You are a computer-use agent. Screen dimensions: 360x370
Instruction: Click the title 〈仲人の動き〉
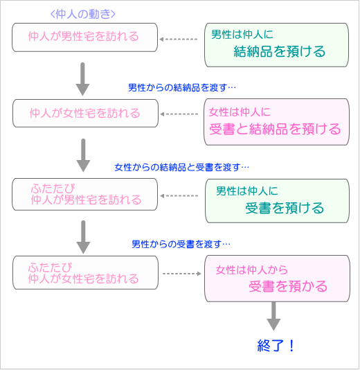83,14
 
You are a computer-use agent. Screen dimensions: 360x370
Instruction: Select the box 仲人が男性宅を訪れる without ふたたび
85,37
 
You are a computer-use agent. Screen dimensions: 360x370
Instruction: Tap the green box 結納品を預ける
276,45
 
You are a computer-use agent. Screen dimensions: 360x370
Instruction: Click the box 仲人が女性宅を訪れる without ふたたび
85,113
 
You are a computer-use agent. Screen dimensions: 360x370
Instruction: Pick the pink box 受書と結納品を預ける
276,122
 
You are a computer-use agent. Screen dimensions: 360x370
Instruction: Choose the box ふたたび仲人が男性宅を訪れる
85,194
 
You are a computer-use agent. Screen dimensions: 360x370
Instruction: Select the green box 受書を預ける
277,201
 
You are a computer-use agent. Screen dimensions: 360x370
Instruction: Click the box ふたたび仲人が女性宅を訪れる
85,272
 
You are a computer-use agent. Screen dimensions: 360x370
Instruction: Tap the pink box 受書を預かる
277,279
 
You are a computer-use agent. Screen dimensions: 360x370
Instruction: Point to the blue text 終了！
276,346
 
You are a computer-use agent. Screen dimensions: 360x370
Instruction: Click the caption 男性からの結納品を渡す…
182,87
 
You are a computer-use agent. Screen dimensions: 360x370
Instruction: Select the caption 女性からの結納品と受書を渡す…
182,167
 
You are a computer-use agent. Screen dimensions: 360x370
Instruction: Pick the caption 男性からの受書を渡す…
181,244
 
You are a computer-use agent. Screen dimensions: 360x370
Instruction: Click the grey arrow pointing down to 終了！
273,316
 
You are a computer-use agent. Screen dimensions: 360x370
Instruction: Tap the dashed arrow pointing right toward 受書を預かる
182,274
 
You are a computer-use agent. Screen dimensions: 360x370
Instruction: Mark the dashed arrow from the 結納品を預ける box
179,39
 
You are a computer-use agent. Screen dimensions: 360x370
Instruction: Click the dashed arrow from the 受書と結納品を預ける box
179,114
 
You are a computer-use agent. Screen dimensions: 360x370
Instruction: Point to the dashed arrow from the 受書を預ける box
179,195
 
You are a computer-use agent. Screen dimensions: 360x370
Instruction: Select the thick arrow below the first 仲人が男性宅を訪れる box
82,79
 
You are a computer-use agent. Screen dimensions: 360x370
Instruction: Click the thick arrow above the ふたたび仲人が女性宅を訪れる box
83,237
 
